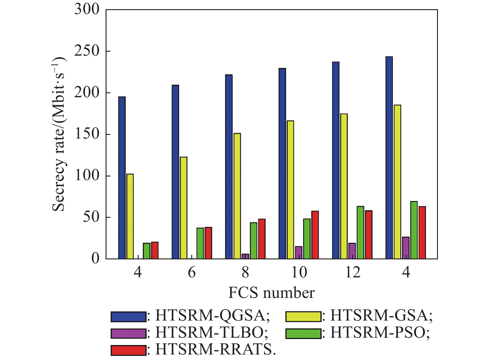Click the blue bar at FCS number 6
175,172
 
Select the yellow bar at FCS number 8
237,196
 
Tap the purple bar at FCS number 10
299,253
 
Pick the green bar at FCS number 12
361,233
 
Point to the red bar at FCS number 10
315,235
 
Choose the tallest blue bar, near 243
389,158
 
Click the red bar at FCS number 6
208,243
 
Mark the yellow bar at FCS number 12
344,186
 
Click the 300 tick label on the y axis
87,10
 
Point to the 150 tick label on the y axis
87,134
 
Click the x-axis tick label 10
299,272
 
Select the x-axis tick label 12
353,272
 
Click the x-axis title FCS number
271,293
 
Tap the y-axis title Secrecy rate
59,135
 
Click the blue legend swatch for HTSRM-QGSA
129,317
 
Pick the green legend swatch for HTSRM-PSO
303,333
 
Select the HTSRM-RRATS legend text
216,350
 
